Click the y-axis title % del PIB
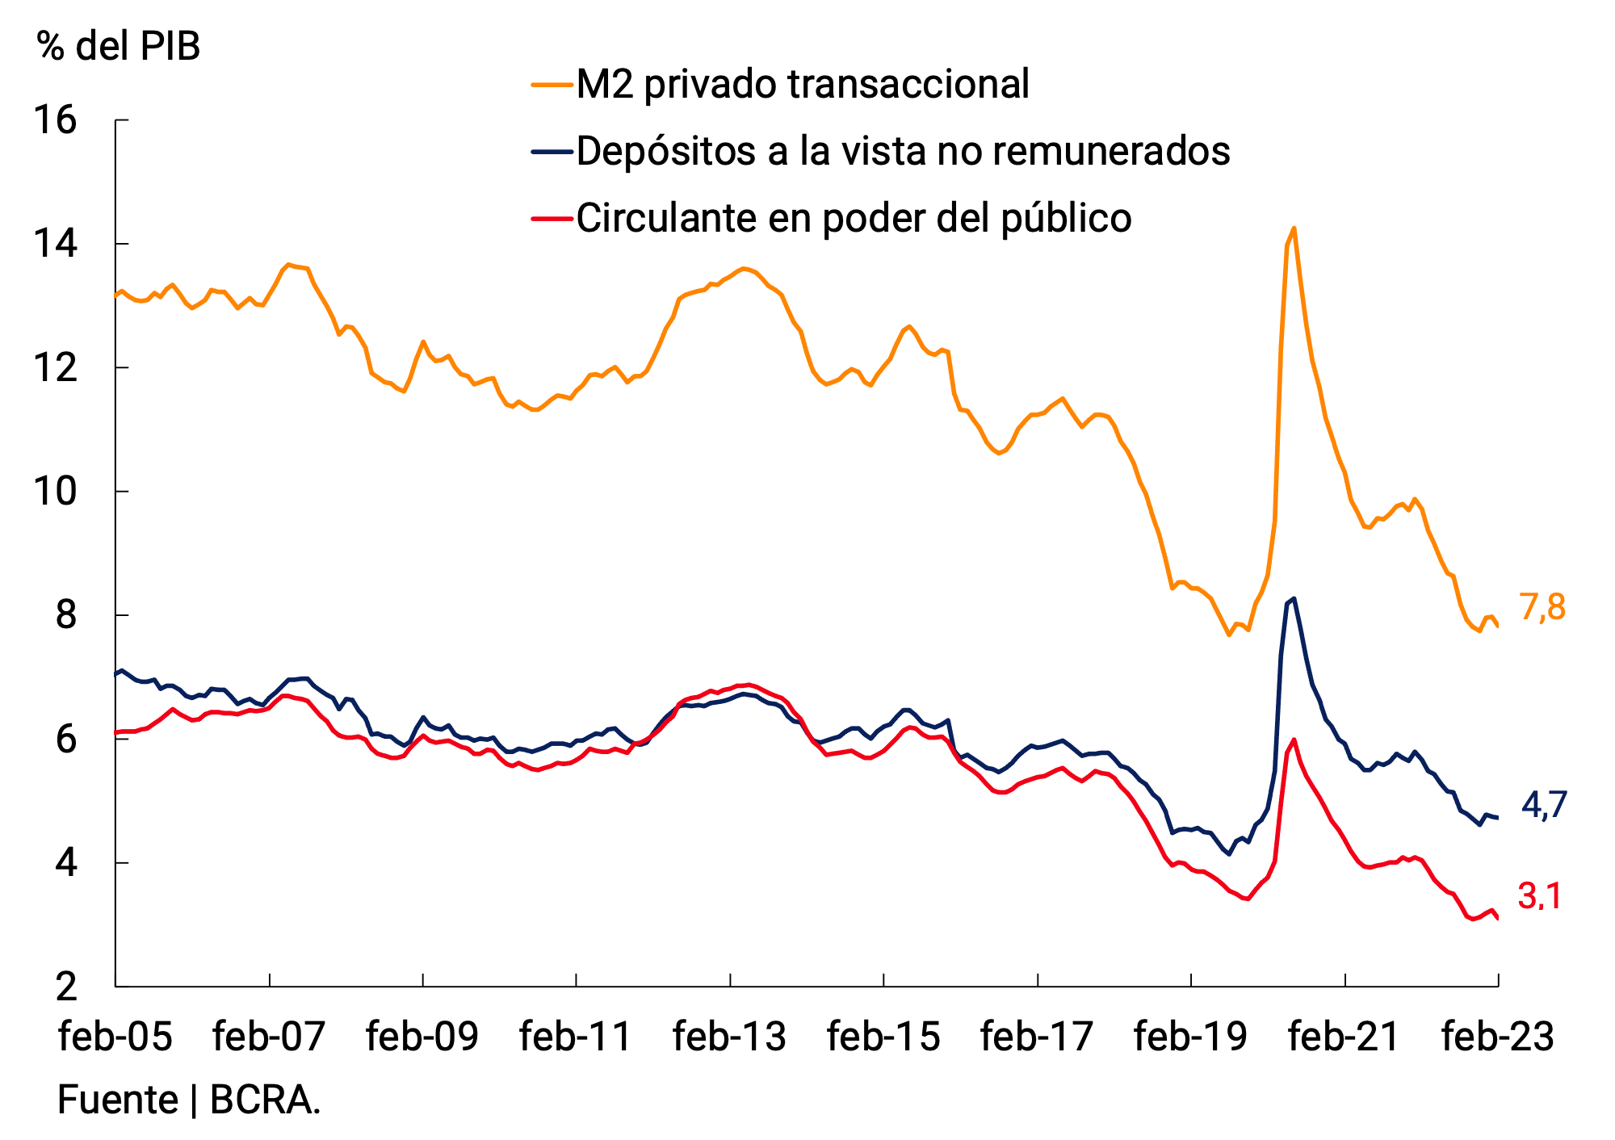[118, 46]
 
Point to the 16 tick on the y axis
[55, 120]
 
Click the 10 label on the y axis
[55, 491]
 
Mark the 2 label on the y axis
[66, 987]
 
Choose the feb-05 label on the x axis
[115, 1037]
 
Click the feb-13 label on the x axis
[729, 1037]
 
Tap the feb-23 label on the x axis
[1498, 1037]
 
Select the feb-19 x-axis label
[1190, 1037]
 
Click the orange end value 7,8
[1542, 607]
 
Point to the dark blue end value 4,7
[1544, 805]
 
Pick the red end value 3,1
[1540, 896]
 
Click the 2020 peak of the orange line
[1294, 228]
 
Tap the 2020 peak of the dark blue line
[1294, 598]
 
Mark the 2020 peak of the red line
[1294, 739]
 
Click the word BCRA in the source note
[264, 1100]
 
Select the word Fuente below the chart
[118, 1100]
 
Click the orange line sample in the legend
[552, 84]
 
